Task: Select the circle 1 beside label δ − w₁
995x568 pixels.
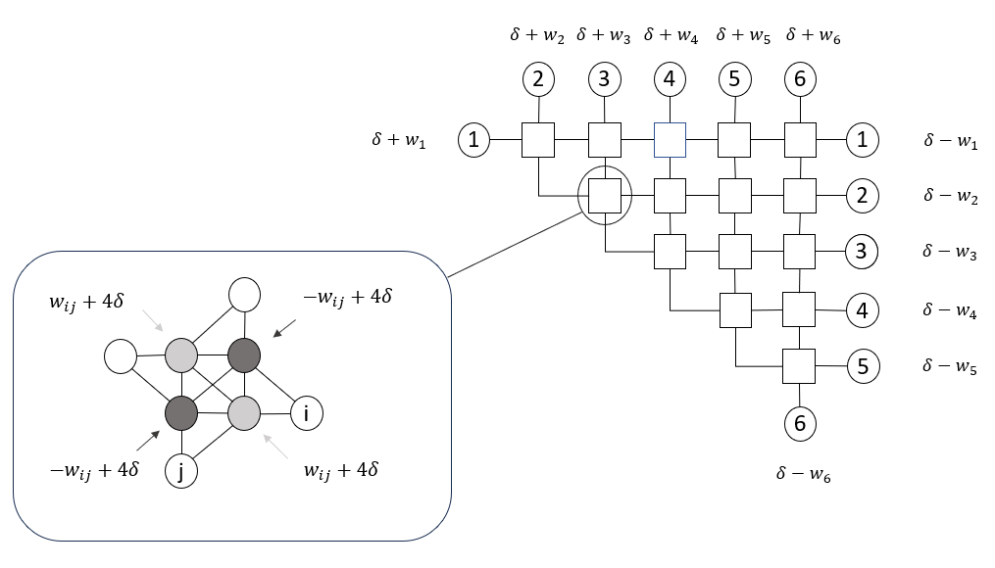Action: tap(863, 140)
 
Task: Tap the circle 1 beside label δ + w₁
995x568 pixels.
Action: tap(474, 141)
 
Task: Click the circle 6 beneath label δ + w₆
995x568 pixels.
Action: tap(800, 79)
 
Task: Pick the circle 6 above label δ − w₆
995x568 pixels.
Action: tap(800, 424)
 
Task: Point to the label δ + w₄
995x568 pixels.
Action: tap(671, 36)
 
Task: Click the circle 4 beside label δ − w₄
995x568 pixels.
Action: tap(863, 311)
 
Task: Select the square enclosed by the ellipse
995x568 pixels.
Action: tap(605, 197)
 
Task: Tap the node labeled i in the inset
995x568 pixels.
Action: tap(307, 414)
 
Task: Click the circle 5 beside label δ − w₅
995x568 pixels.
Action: tap(863, 367)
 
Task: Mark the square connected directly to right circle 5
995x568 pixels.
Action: tap(800, 367)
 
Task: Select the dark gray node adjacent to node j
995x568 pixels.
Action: tap(181, 413)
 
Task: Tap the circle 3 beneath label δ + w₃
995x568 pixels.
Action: tap(605, 79)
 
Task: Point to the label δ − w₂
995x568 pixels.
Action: tap(950, 196)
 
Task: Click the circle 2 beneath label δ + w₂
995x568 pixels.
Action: tap(538, 79)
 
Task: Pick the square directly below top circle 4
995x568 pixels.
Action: tap(670, 141)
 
